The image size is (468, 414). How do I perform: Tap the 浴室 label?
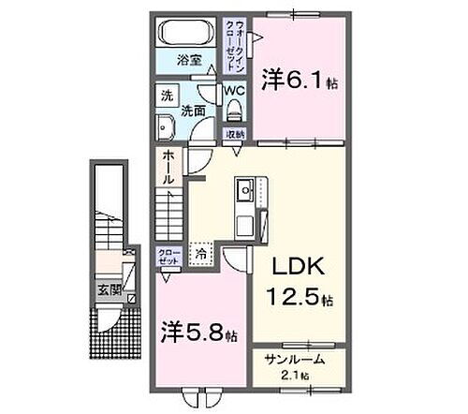pos(190,60)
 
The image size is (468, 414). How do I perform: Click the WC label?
pos(234,91)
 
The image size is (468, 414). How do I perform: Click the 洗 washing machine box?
pos(167,96)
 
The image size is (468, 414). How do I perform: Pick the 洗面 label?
pos(195,109)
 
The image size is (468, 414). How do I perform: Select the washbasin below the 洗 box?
pos(166,128)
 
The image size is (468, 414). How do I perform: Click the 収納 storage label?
pos(234,135)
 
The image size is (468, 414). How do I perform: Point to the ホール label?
pos(167,169)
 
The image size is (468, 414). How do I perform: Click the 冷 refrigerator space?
pos(200,253)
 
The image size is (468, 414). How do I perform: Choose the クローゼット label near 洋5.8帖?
pos(167,257)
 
